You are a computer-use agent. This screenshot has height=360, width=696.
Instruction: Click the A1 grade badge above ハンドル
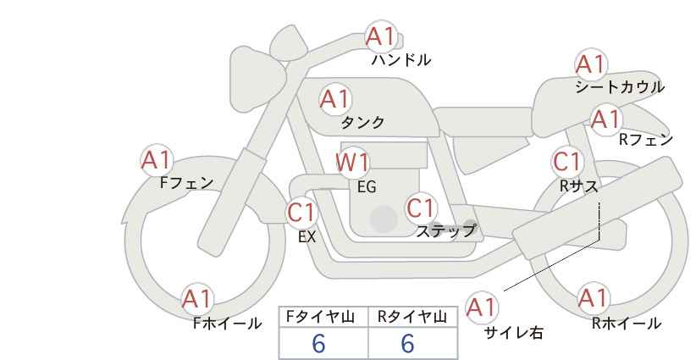tap(380, 36)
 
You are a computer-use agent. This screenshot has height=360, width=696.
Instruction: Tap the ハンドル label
tap(400, 60)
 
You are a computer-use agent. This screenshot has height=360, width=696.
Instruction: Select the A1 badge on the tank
tap(334, 99)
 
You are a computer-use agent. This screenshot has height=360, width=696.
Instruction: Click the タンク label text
tap(362, 123)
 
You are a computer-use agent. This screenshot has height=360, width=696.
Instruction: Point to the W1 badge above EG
tap(352, 163)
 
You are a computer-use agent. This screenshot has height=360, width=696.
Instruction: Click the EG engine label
tap(367, 187)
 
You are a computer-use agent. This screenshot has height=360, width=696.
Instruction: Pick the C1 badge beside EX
tap(301, 213)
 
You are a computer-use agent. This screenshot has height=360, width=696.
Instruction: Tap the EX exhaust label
tap(307, 237)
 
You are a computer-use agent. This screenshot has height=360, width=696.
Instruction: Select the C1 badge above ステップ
tap(421, 208)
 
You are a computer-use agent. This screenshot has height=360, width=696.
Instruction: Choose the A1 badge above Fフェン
tap(156, 160)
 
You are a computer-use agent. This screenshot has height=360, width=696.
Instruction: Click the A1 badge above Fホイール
tap(196, 299)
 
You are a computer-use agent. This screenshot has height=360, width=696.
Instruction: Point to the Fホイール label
tap(227, 324)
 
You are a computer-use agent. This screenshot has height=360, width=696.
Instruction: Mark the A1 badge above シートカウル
tap(591, 64)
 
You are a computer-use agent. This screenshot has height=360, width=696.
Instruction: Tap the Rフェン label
tap(646, 141)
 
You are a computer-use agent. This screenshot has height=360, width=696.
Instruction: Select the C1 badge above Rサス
tap(567, 162)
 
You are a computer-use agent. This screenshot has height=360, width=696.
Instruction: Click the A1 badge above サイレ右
tap(482, 307)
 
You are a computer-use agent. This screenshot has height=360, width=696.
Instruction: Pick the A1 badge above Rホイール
tap(593, 298)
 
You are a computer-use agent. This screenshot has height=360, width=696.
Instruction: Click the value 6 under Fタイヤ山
tap(318, 343)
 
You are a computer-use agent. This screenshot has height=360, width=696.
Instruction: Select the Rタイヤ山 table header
tap(412, 317)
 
